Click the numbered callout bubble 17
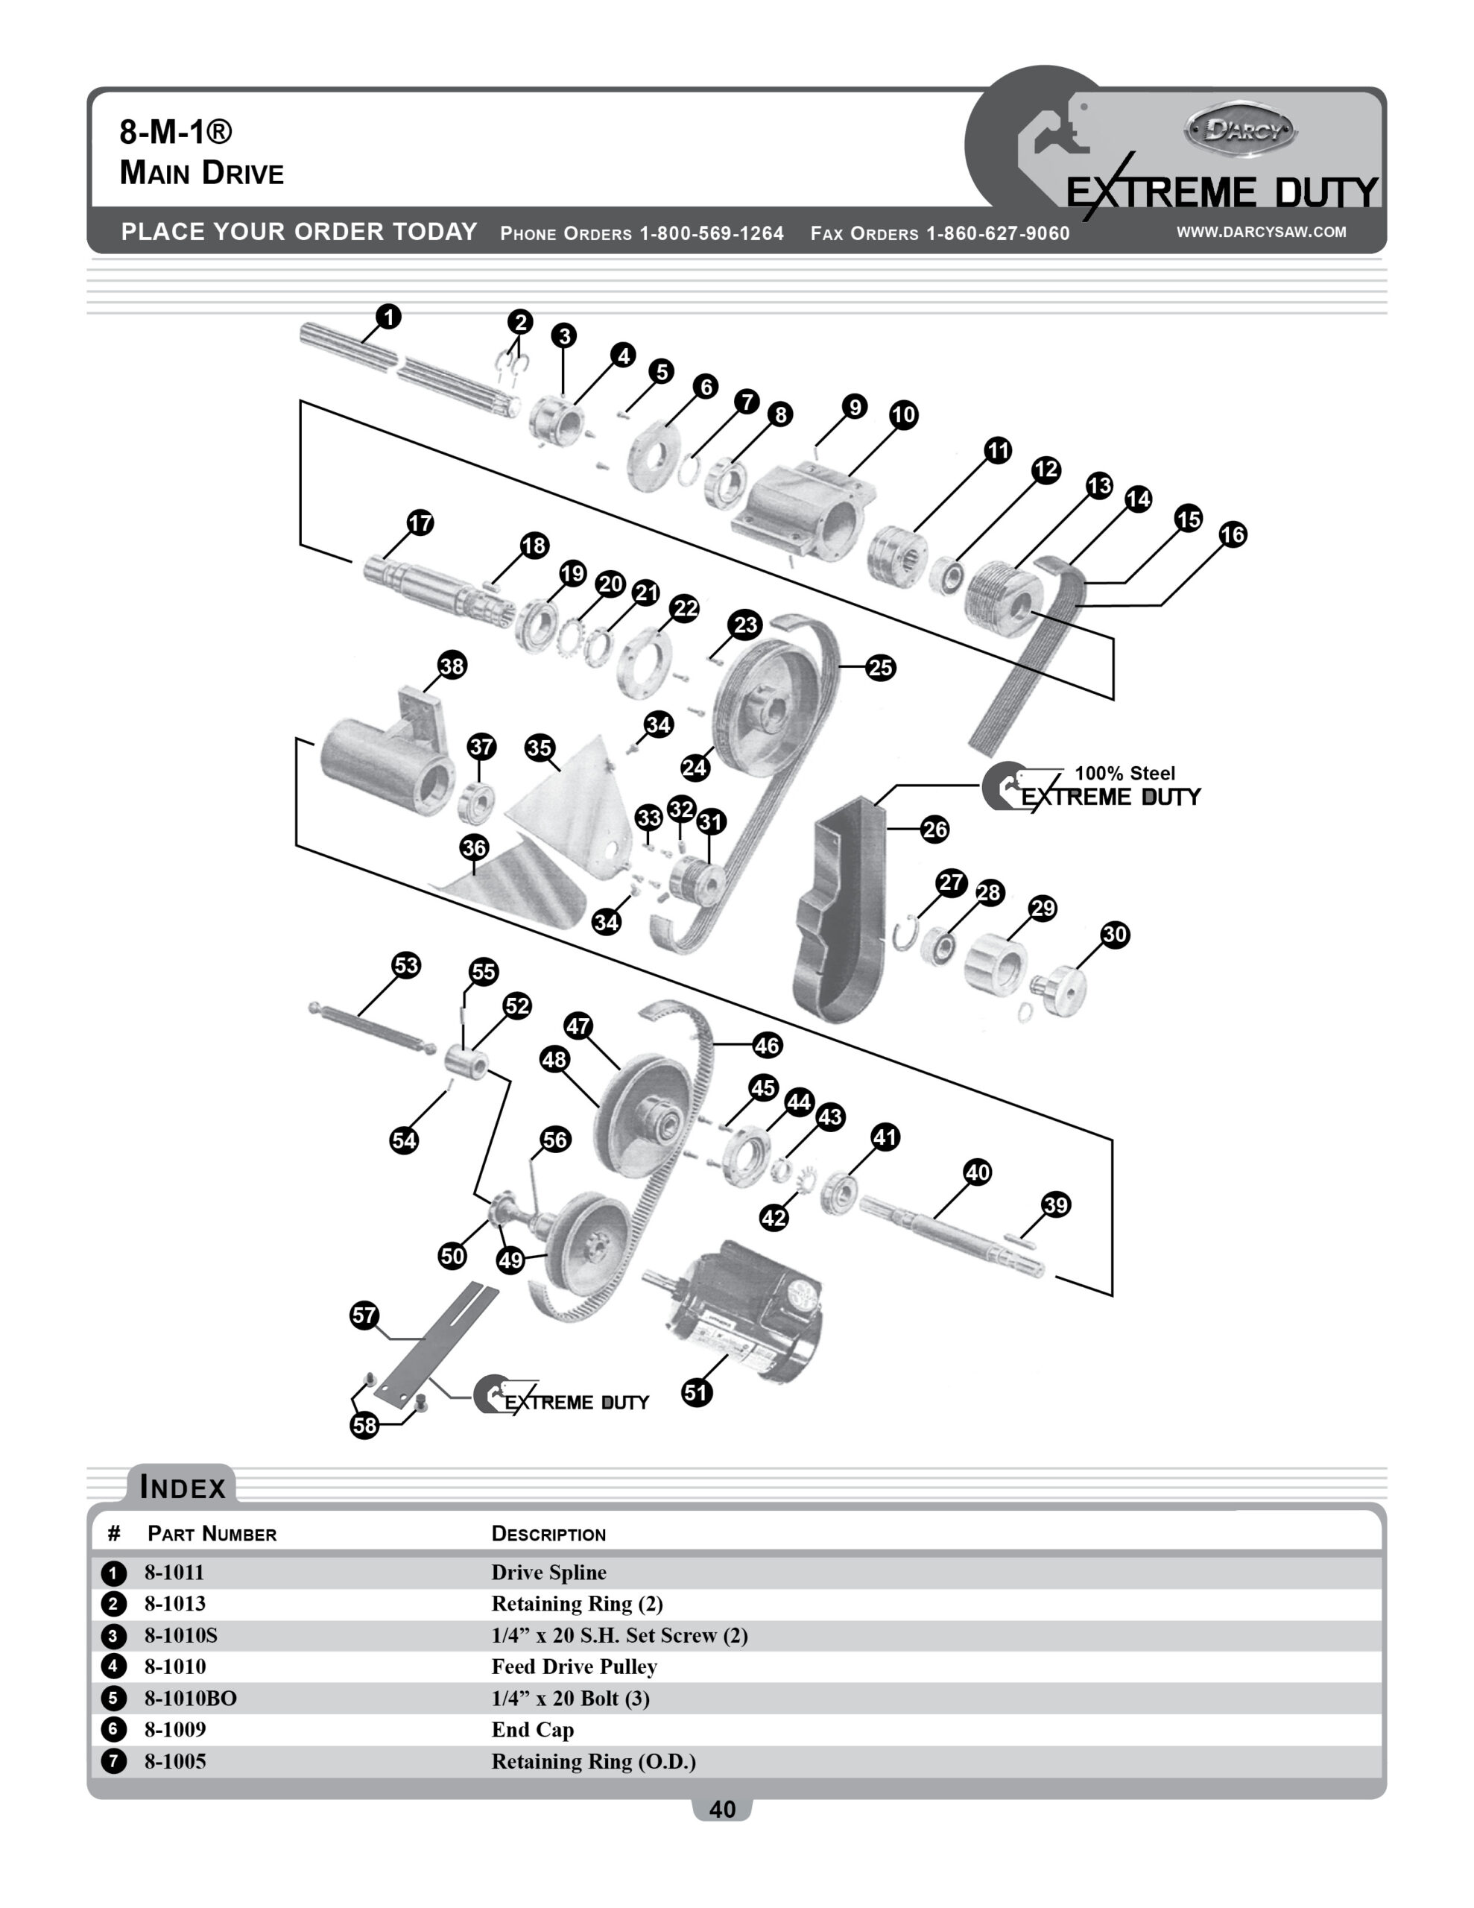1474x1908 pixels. (420, 522)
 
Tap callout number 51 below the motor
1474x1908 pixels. (696, 1391)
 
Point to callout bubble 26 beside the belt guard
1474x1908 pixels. (934, 829)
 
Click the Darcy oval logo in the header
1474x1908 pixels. (1241, 131)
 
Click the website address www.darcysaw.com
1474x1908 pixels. (1261, 232)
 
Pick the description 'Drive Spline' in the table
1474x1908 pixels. (548, 1572)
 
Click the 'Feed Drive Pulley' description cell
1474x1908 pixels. (574, 1666)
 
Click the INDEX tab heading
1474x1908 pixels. (183, 1487)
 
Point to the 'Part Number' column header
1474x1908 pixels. (212, 1533)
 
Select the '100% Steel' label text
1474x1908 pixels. (1125, 773)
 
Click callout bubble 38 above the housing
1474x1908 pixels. (452, 666)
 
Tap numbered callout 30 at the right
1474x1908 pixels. (1114, 934)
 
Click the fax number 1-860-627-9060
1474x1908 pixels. (997, 233)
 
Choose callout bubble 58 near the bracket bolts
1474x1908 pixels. (364, 1425)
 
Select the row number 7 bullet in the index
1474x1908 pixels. (113, 1760)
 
